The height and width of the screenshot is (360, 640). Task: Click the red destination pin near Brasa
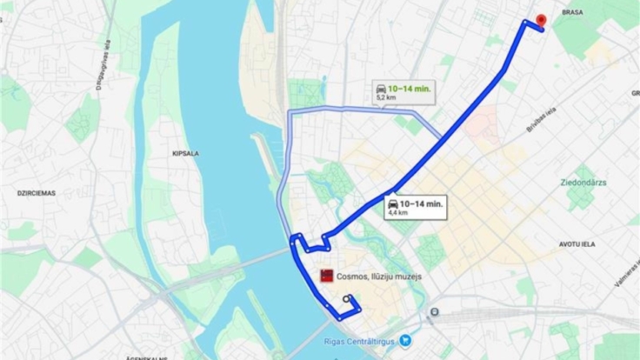pyautogui.click(x=541, y=21)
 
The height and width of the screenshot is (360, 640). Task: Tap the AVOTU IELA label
pyautogui.click(x=575, y=244)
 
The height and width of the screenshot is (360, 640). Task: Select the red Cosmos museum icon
pyautogui.click(x=327, y=276)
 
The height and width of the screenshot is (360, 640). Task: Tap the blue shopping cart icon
pyautogui.click(x=403, y=342)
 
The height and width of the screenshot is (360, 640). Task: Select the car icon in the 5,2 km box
pyautogui.click(x=381, y=88)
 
